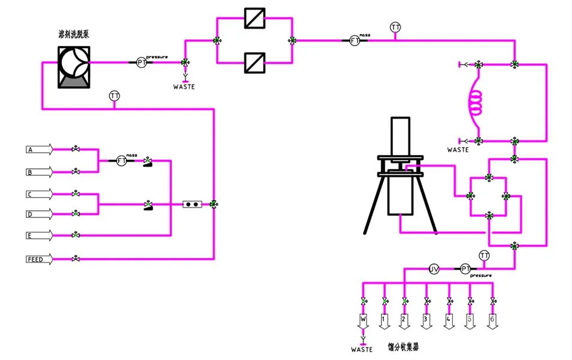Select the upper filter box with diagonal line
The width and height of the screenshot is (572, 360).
[255, 18]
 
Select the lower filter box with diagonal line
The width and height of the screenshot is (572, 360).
[255, 62]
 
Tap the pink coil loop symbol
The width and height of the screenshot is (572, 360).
[476, 102]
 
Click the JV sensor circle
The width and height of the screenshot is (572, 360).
[435, 270]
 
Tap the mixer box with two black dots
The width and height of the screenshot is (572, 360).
[192, 204]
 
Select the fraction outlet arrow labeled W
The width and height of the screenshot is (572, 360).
[363, 320]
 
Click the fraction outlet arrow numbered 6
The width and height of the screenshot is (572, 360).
[492, 320]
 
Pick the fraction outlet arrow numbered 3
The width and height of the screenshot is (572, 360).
[426, 320]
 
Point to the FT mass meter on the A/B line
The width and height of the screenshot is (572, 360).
[122, 161]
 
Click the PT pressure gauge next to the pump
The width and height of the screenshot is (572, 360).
[141, 62]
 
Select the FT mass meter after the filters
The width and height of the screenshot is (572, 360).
[355, 40]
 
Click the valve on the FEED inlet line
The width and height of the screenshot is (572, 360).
[76, 259]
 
